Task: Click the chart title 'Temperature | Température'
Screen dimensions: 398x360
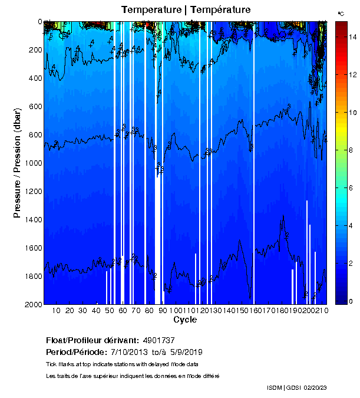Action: point(186,9)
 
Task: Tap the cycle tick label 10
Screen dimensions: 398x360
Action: point(56,311)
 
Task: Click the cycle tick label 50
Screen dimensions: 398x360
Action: point(110,311)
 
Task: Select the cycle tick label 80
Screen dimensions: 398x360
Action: point(150,311)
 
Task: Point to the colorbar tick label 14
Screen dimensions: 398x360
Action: point(352,37)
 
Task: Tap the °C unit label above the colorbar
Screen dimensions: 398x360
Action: point(341,13)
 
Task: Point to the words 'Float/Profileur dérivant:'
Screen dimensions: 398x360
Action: point(91,341)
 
